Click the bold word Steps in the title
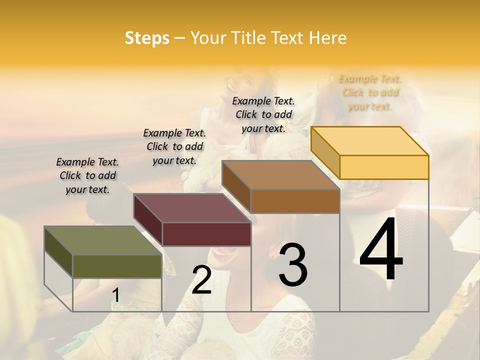(147, 38)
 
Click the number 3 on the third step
(293, 265)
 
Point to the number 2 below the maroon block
(201, 280)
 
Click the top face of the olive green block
(102, 240)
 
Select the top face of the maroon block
(192, 208)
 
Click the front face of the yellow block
(384, 167)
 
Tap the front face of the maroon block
(206, 234)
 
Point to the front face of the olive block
(117, 266)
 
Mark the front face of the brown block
(295, 201)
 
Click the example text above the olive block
(87, 175)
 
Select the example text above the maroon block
(174, 146)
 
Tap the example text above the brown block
(263, 114)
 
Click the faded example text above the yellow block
(370, 92)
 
